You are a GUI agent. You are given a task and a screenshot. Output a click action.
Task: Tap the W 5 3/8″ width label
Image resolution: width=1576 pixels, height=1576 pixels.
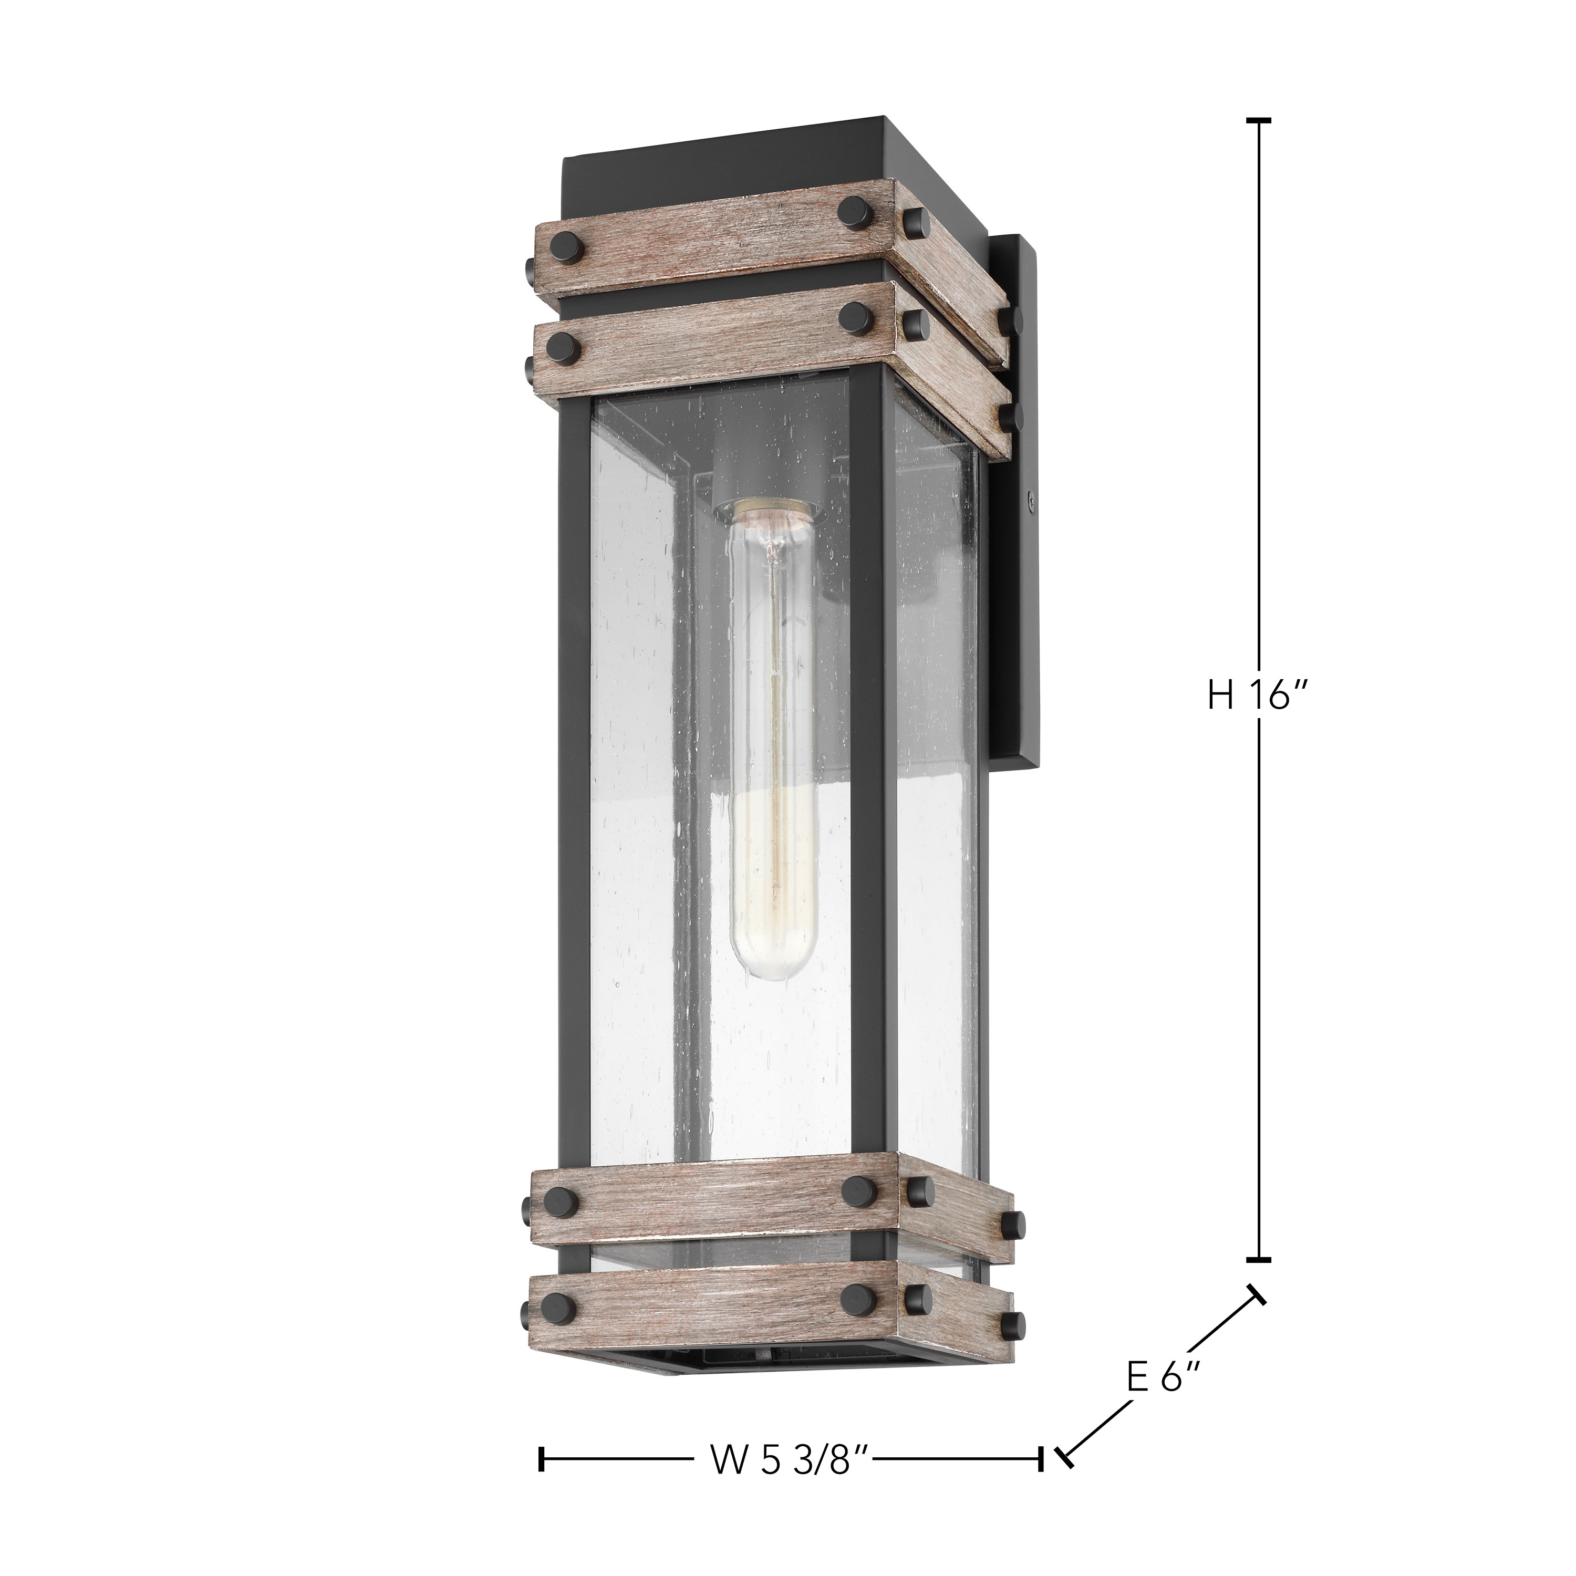click(x=789, y=1460)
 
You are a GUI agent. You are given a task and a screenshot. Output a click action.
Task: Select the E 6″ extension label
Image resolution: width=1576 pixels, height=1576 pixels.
click(x=1164, y=1378)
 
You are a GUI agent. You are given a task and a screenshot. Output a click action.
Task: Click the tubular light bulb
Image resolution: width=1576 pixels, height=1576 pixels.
click(x=772, y=734)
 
